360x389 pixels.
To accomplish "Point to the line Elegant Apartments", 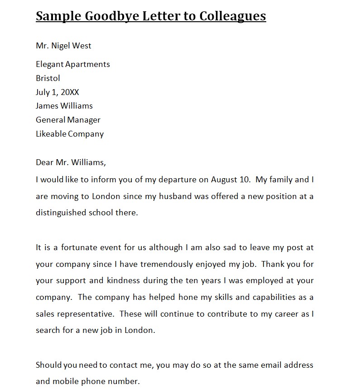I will pos(73,64).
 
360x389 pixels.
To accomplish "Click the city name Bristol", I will pos(48,78).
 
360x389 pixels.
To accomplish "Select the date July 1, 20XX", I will pos(58,92).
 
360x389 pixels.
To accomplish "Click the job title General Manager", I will pos(68,120).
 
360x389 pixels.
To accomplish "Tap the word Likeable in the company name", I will pos(51,134).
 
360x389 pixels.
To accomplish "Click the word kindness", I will pos(123,280).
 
